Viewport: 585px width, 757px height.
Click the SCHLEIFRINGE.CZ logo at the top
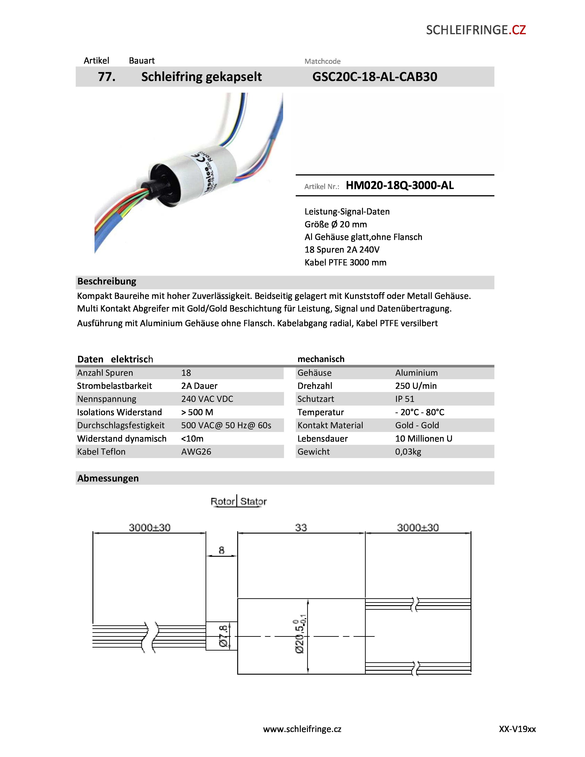point(476,30)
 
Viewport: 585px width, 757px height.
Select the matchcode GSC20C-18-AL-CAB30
point(375,77)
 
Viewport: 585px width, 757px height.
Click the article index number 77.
point(106,77)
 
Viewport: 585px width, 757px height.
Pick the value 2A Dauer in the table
point(199,386)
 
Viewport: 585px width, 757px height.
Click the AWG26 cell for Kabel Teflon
point(196,452)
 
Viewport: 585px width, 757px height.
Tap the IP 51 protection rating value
point(405,399)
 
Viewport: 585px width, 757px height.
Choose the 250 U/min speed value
point(416,386)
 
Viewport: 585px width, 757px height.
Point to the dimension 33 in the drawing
point(301,528)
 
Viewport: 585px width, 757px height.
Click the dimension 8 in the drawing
point(221,550)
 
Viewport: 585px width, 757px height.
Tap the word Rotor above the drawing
point(223,501)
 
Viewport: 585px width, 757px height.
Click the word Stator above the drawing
point(253,501)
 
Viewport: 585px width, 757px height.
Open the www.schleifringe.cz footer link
point(302,729)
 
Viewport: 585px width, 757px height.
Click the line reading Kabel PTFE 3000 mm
point(345,262)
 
